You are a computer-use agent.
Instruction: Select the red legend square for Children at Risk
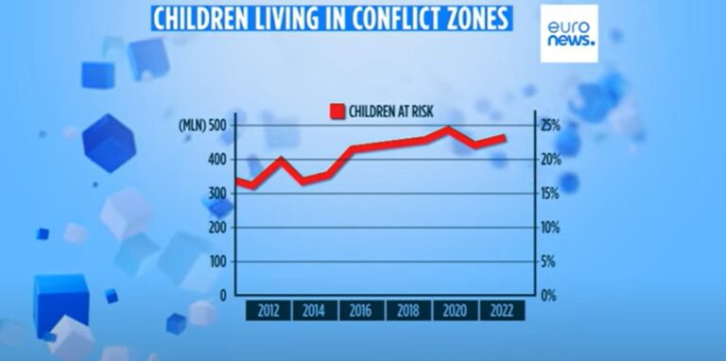[336, 112]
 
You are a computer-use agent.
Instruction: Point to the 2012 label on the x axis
[268, 311]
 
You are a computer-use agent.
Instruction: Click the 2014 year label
[315, 311]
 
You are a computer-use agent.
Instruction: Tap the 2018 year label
[408, 311]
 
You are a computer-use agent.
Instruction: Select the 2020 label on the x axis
[456, 311]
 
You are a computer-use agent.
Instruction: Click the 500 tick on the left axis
[216, 126]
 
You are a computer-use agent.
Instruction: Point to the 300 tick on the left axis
[216, 194]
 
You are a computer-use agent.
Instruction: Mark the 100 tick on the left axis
[216, 261]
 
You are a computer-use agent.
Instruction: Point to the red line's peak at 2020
[448, 129]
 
